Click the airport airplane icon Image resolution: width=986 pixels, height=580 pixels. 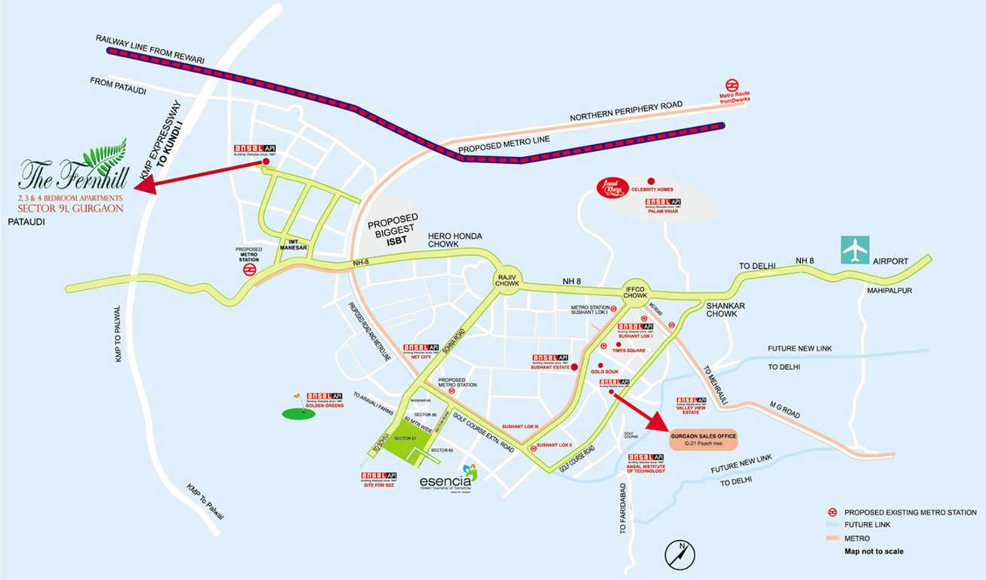856,250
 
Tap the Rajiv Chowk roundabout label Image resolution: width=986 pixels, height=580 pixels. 507,279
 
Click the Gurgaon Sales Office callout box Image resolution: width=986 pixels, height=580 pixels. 702,439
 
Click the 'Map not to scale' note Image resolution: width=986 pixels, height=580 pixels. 874,551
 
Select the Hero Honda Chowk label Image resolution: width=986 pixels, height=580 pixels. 454,239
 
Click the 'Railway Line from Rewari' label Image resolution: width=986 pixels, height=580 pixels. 144,45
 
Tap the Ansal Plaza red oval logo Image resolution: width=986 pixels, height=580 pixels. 613,188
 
